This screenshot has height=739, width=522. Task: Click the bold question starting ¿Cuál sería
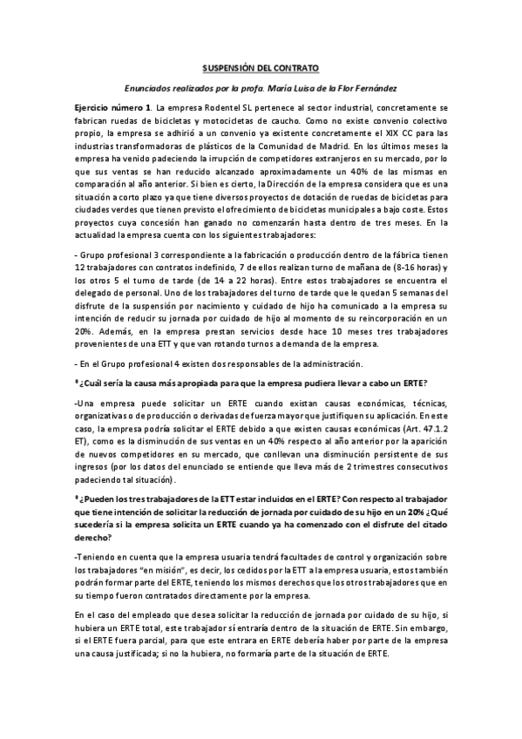pyautogui.click(x=253, y=384)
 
